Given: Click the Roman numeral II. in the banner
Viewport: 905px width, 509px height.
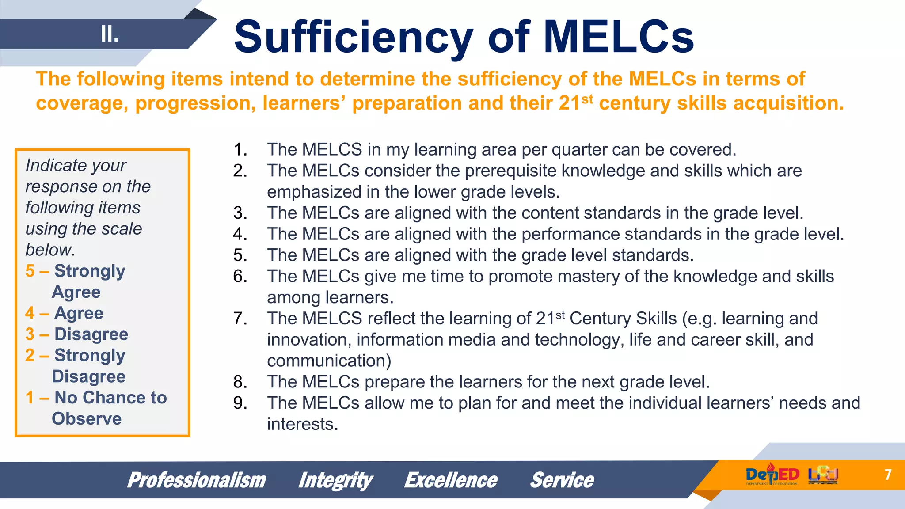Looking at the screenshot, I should (110, 34).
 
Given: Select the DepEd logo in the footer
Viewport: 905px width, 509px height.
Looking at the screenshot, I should (772, 475).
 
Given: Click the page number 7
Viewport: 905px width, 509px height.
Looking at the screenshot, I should (888, 475).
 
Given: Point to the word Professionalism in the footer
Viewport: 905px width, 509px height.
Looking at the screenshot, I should (197, 480).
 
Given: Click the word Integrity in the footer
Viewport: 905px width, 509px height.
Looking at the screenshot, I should (335, 480).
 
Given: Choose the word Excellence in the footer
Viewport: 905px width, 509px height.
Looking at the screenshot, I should (451, 480).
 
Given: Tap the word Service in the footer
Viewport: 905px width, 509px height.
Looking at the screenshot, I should (562, 480).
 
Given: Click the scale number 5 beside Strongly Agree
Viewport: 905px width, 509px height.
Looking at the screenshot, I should (30, 271).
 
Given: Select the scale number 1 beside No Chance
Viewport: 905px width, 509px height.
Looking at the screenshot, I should (30, 398).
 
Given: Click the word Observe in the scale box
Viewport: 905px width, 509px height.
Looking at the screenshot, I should (87, 419).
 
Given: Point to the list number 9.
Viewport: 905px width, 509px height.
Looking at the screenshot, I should (240, 403).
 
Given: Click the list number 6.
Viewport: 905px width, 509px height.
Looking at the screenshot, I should (240, 277).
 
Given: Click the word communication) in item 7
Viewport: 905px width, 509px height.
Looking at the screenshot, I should (329, 361).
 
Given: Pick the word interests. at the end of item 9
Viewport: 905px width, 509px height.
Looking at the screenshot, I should (302, 424).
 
